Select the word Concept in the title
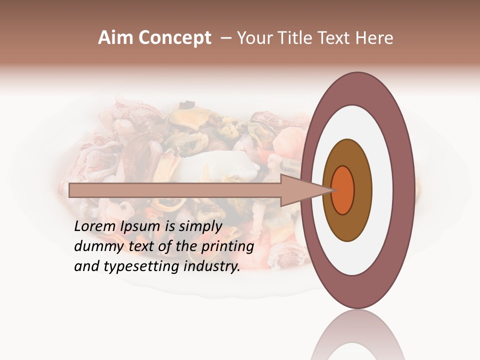point(175,38)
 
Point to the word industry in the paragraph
point(212,266)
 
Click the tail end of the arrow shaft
point(70,190)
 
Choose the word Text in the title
point(342,38)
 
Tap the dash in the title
point(226,38)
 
